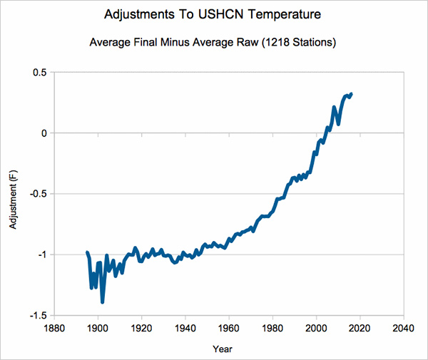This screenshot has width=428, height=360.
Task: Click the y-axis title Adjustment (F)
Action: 13,200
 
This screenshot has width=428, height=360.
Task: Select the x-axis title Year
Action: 222,349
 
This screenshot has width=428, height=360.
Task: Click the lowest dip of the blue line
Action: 103,302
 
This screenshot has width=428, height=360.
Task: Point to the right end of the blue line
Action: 351,94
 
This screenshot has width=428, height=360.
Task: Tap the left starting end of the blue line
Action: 87,252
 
